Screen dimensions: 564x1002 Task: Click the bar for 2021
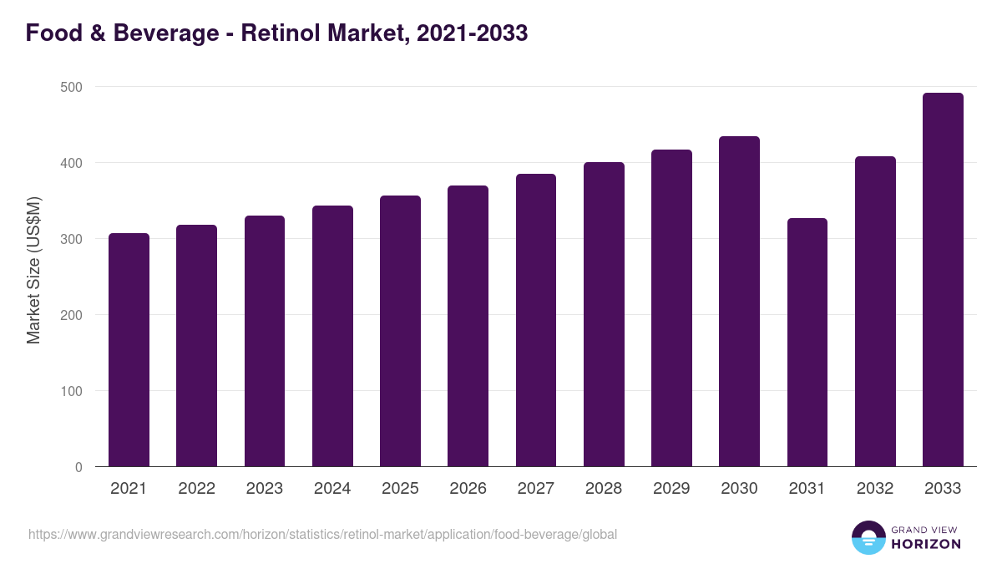129,350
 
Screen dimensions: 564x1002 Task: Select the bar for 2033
943,280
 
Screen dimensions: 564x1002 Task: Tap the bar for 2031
807,343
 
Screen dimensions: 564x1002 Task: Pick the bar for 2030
739,302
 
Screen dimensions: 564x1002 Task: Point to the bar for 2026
468,326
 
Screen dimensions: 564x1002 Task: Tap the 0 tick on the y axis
78,467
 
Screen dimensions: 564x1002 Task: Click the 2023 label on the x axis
264,489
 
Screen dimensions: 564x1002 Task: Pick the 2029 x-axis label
671,489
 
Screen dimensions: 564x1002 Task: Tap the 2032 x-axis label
875,489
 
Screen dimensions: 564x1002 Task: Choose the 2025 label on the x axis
400,489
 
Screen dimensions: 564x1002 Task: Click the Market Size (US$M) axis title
33,270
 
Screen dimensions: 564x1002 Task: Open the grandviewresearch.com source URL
322,534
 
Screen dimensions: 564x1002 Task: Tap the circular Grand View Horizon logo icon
868,538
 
